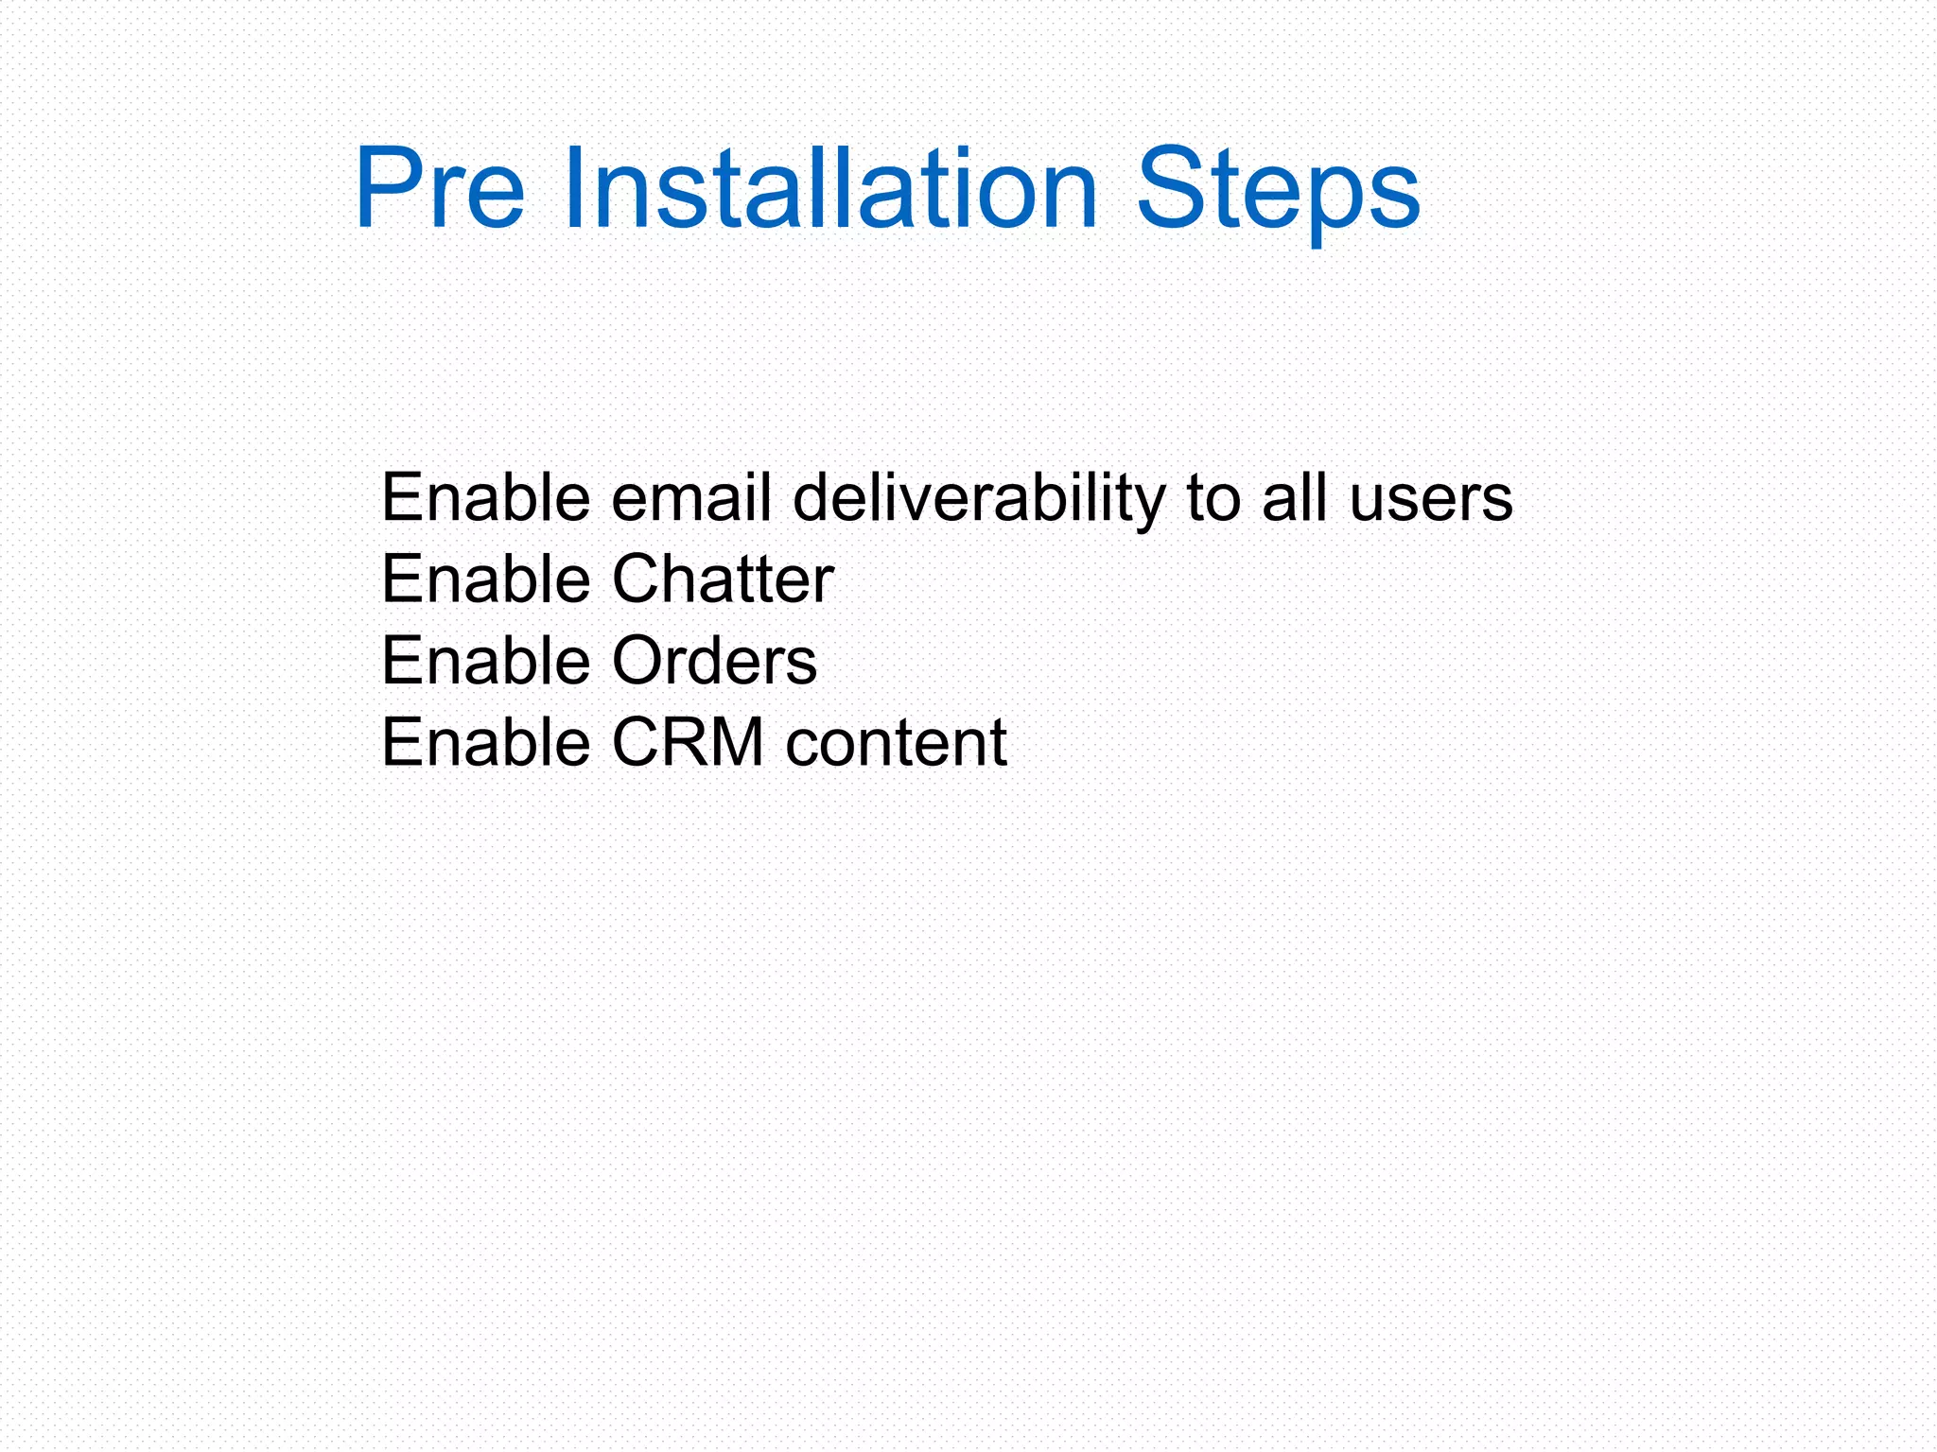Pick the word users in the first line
point(1431,498)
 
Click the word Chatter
point(723,579)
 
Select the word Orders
point(714,660)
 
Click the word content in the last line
point(896,742)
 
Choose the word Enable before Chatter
point(486,579)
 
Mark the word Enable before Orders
point(486,660)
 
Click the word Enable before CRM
point(486,742)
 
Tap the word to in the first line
point(1213,499)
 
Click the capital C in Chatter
point(638,579)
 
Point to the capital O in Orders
point(640,660)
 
